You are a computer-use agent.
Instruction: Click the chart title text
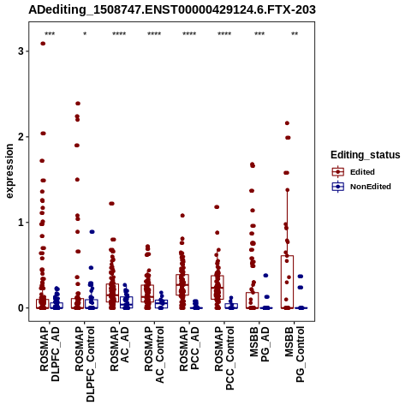pos(172,9)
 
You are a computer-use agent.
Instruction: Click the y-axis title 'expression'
pos(9,171)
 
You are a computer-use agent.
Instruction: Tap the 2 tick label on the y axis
pos(21,137)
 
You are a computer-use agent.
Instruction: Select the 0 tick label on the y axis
pos(21,308)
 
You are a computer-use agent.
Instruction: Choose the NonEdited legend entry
pos(361,187)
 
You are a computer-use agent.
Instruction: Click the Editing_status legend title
pos(366,155)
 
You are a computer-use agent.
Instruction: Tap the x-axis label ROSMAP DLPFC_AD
pos(50,354)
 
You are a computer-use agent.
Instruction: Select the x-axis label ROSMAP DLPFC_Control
pos(85,364)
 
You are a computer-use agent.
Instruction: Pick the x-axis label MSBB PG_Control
pos(295,354)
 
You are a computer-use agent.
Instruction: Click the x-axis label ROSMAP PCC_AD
pos(189,348)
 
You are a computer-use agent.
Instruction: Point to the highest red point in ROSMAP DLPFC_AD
pos(43,44)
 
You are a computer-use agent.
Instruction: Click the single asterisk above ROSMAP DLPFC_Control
pos(85,34)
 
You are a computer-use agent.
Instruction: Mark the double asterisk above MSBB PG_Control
pos(295,34)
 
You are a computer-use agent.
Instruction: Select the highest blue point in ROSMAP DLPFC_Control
pos(92,232)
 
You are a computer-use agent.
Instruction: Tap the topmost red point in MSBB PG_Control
pos(287,123)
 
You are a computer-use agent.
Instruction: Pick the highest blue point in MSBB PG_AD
pos(265,276)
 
